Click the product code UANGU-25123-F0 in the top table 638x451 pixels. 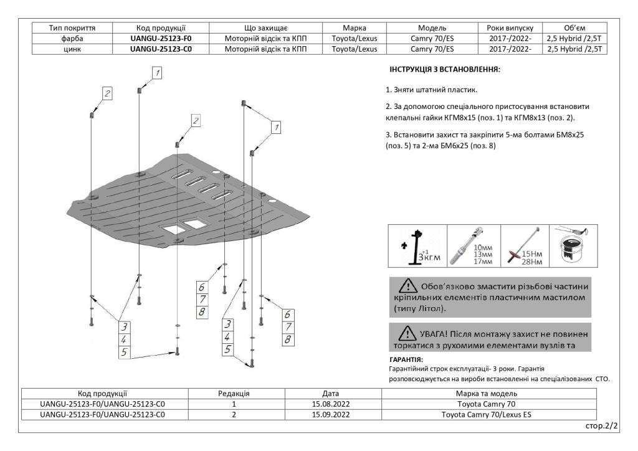click(x=161, y=38)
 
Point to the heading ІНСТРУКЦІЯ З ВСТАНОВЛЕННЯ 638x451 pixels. click(x=445, y=70)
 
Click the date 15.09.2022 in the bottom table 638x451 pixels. click(x=331, y=414)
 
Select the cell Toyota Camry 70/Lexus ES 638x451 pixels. click(x=489, y=414)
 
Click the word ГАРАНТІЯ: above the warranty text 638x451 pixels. click(x=406, y=359)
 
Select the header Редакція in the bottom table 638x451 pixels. click(x=234, y=393)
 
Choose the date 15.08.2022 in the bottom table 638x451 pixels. click(x=331, y=404)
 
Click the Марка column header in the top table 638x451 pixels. click(x=354, y=27)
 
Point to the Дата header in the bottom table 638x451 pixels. click(x=331, y=393)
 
